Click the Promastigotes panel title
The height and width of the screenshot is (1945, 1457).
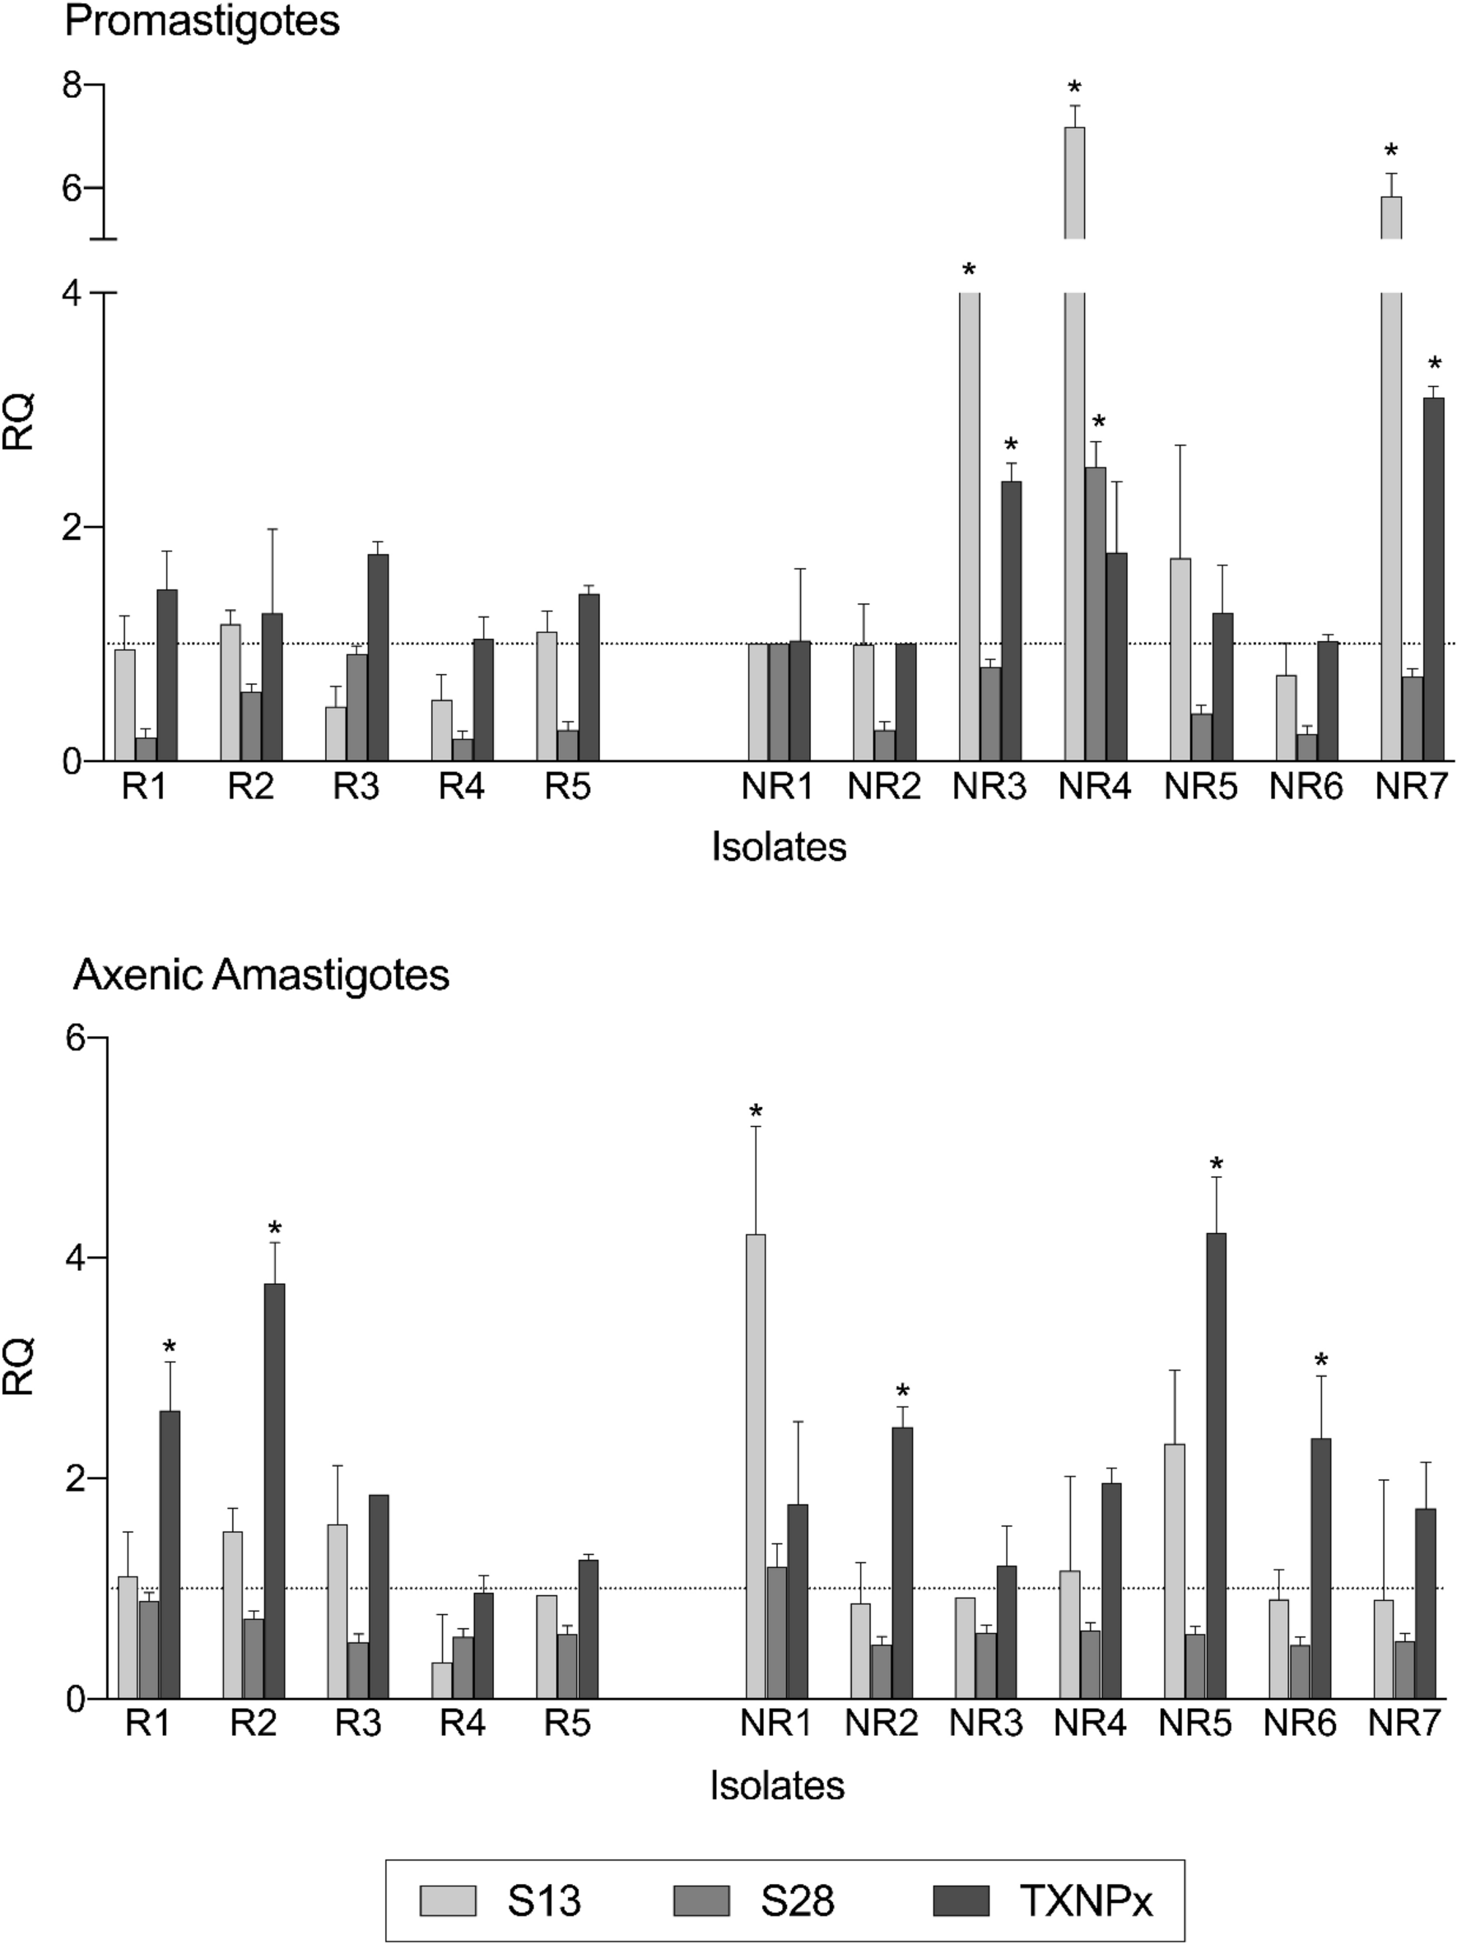point(202,21)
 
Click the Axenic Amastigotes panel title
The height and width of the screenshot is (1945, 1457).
point(261,975)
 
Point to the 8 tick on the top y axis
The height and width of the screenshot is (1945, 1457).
point(73,86)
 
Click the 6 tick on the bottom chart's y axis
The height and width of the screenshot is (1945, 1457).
point(76,1039)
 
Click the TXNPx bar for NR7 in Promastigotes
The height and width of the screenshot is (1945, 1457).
point(1434,580)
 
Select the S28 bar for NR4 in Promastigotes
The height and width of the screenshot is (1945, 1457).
point(1096,616)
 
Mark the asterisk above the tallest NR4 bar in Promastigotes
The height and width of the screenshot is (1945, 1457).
point(1074,89)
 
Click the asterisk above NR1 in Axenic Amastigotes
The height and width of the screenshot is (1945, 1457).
point(756,1113)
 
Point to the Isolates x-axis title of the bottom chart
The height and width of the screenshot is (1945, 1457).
point(777,1786)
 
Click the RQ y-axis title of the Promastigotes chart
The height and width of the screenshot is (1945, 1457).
point(20,422)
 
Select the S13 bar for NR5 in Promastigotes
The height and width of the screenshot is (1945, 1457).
point(1180,659)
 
